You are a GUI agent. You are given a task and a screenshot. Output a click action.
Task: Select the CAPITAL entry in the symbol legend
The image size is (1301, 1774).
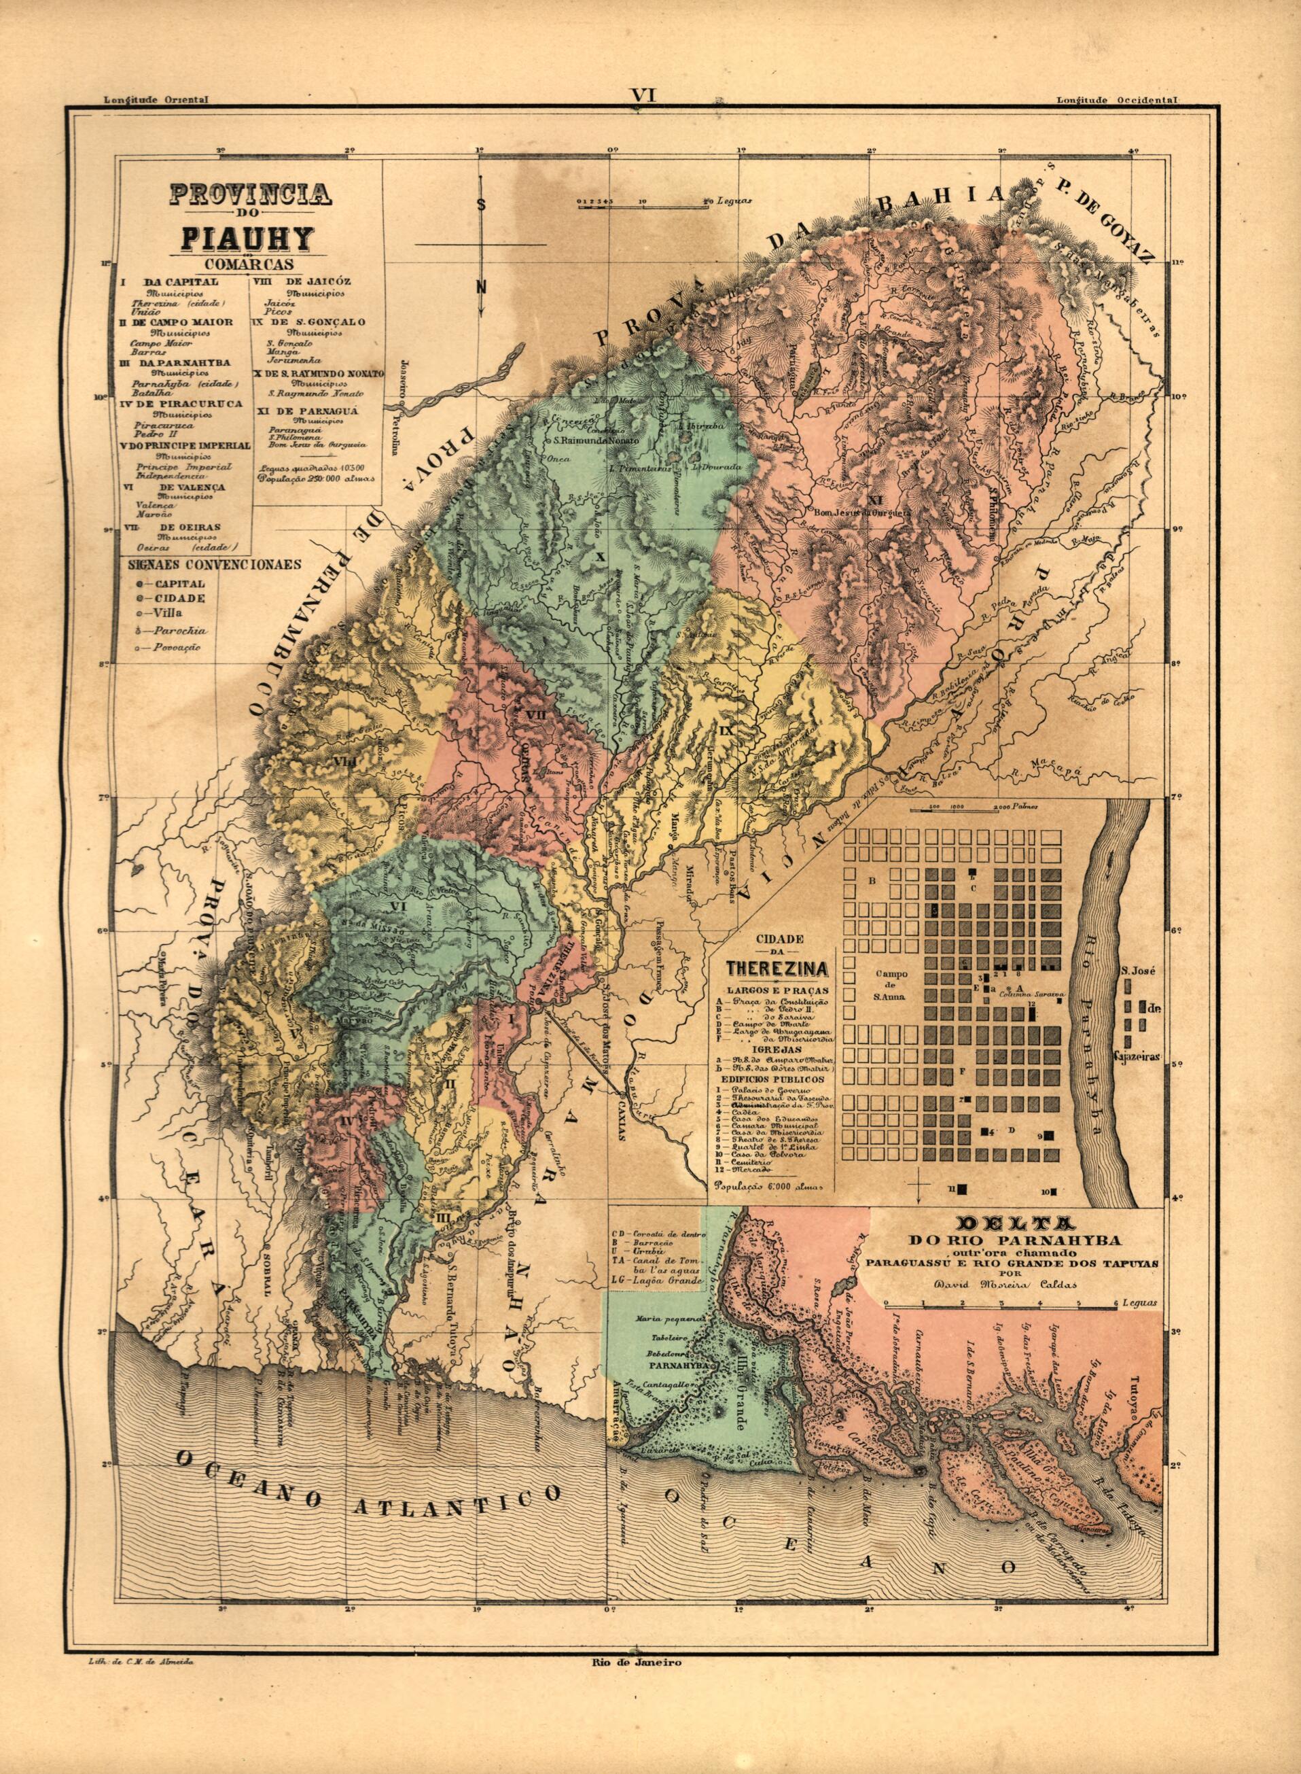[x=179, y=585]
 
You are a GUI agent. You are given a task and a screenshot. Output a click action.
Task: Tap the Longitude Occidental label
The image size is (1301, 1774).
[x=1117, y=101]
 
